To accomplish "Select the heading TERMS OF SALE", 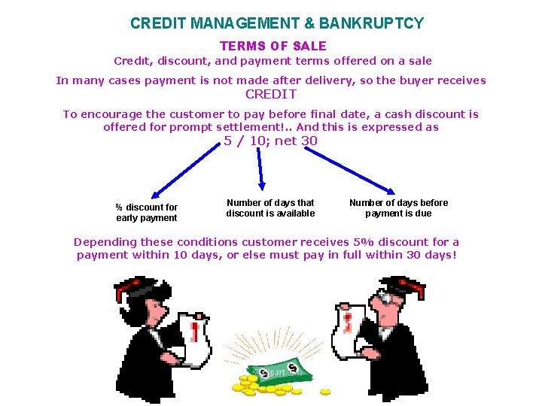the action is (x=273, y=47).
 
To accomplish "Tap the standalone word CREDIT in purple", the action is (x=271, y=94).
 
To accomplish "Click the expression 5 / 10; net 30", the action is (x=271, y=141).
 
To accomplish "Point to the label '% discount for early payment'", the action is (x=147, y=213).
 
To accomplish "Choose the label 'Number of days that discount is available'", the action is (x=270, y=208).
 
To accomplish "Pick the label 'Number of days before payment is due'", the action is (x=398, y=208).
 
